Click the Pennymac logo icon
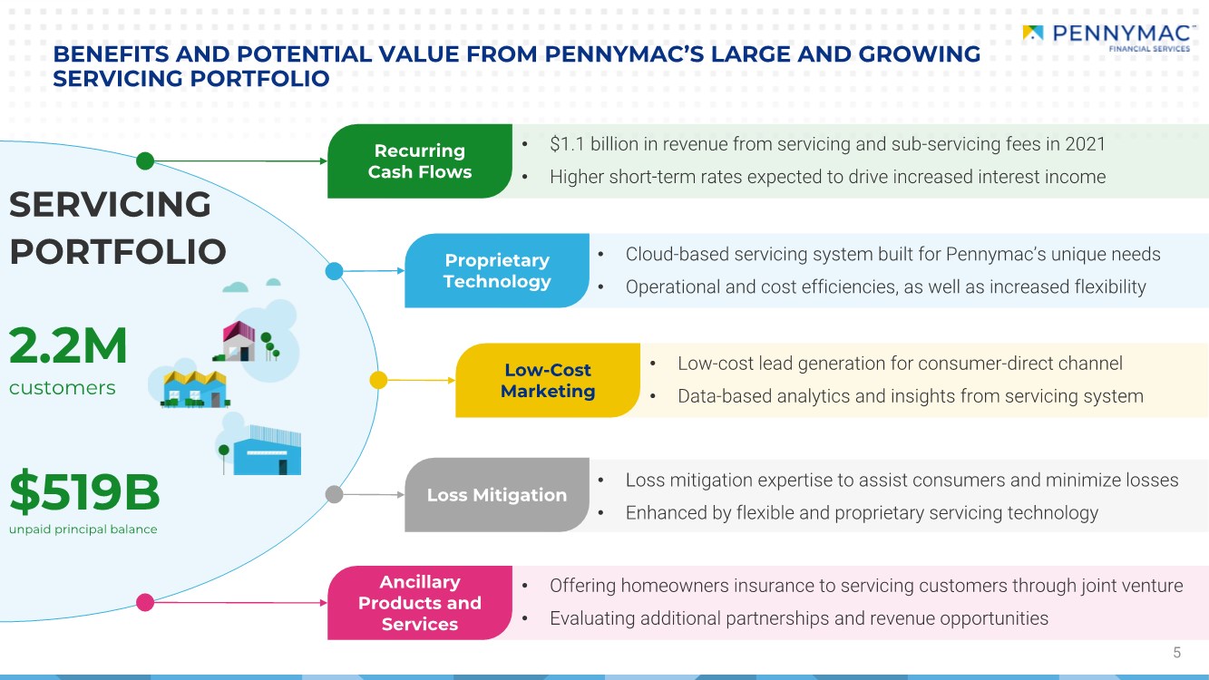click(1032, 33)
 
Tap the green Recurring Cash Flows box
click(419, 160)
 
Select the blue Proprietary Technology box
click(496, 270)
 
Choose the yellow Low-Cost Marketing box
click(548, 380)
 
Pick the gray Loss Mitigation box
click(496, 495)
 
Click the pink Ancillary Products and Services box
click(419, 603)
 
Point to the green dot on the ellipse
click(145, 160)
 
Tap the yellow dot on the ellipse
click(378, 380)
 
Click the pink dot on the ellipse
click(145, 602)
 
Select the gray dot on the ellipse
click(334, 494)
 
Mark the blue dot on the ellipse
click(334, 271)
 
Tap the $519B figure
click(84, 491)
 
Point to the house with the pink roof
click(239, 341)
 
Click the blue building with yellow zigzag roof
click(195, 389)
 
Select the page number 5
click(1176, 653)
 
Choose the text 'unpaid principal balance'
click(83, 529)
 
